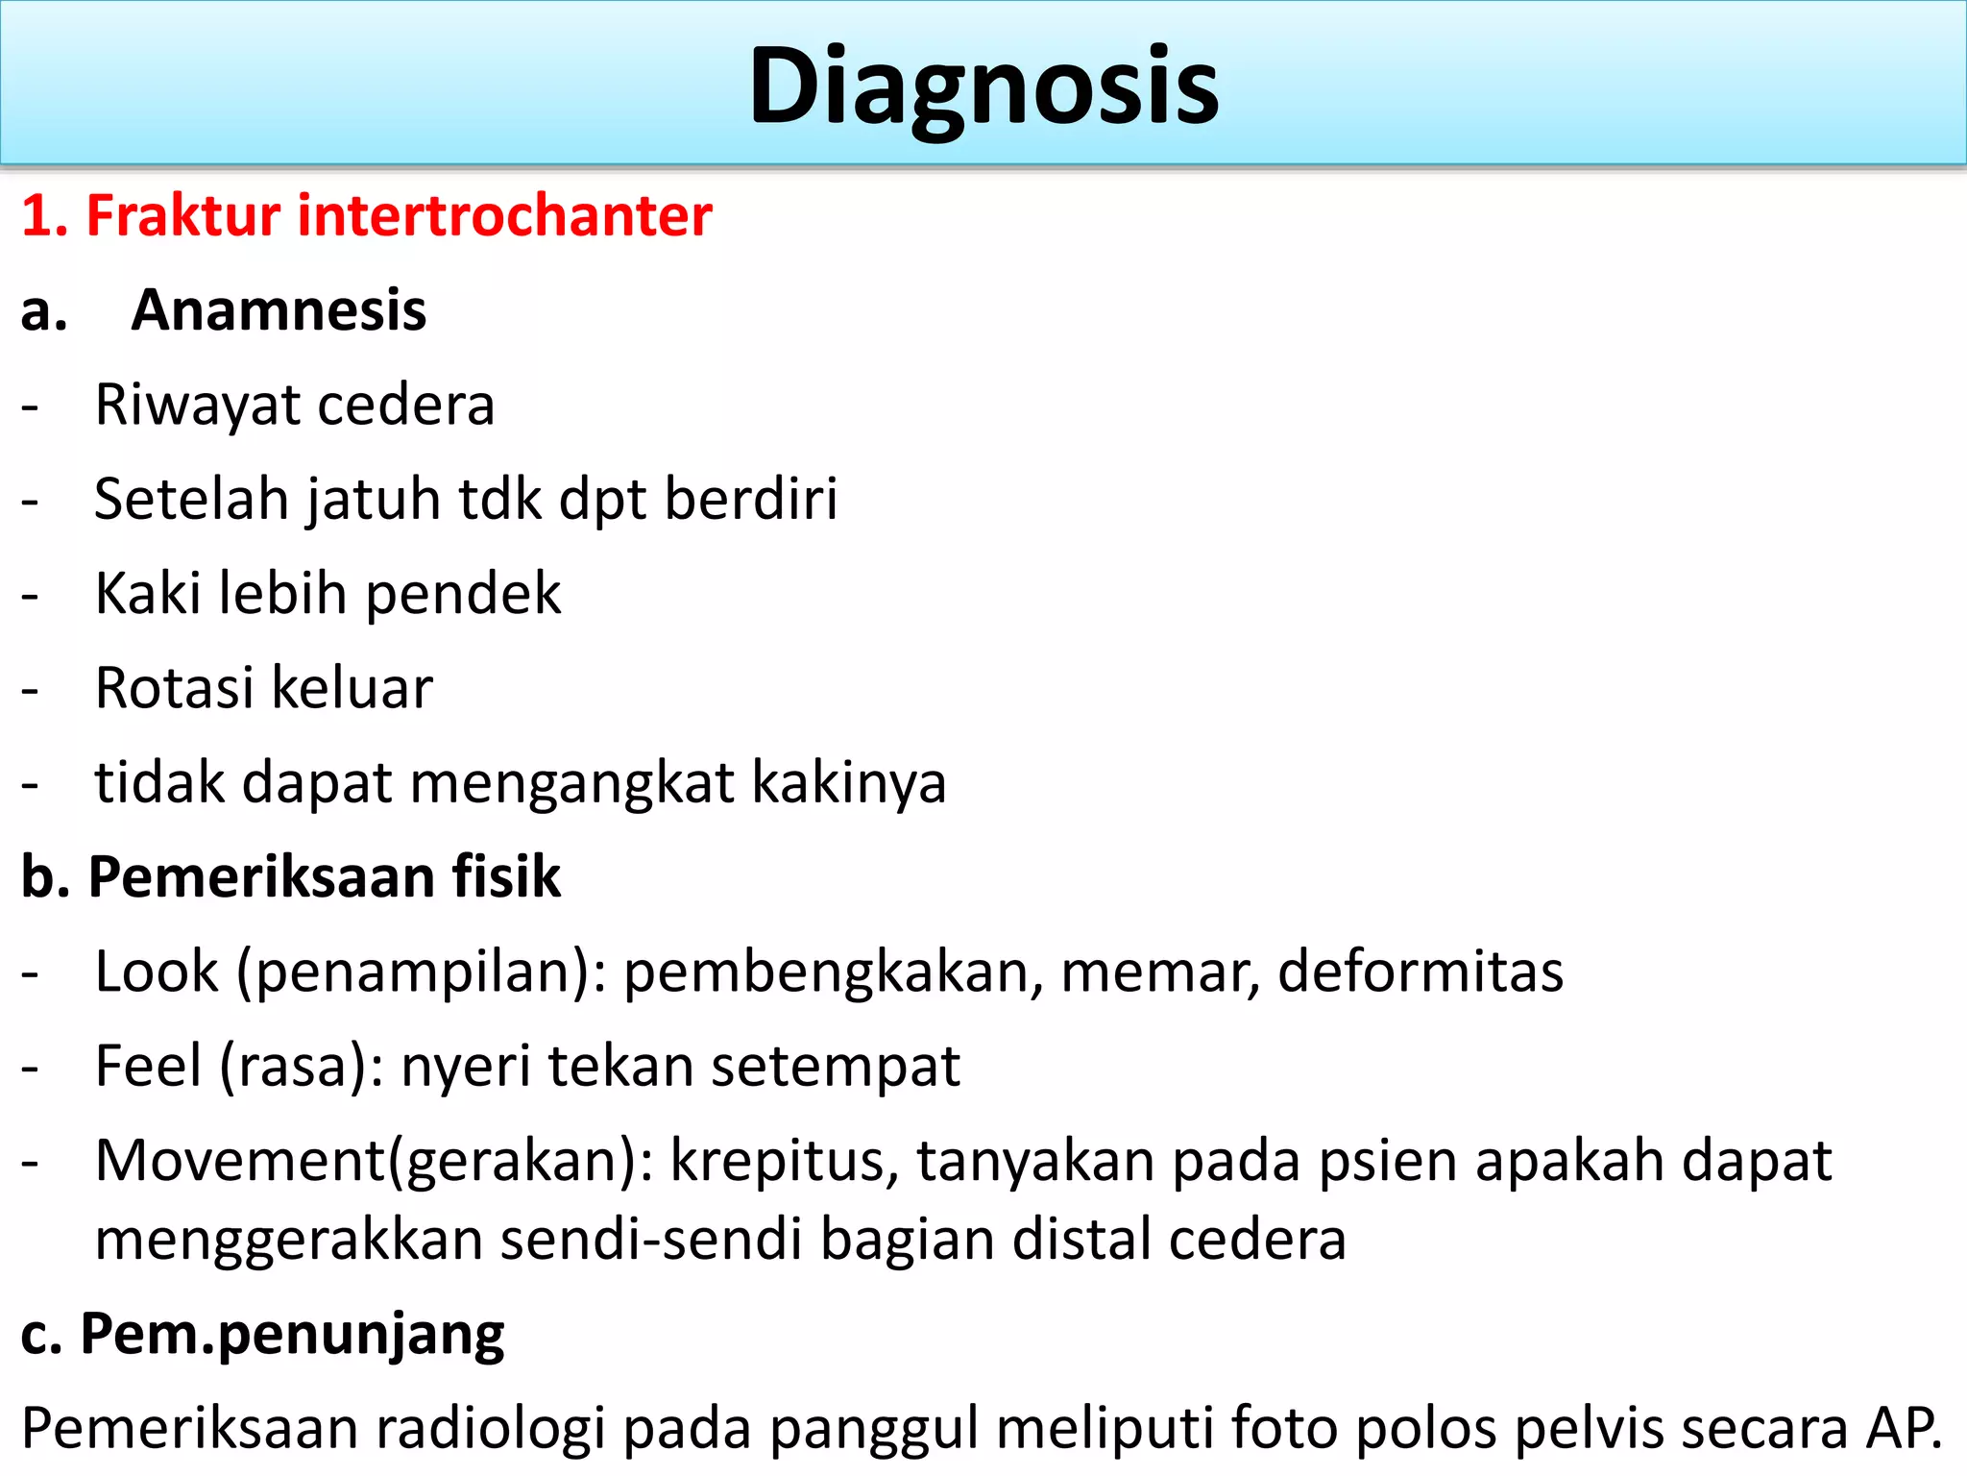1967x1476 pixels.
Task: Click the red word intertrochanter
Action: coord(504,215)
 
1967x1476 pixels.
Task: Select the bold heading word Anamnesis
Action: coord(279,310)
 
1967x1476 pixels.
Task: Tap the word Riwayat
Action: coord(197,405)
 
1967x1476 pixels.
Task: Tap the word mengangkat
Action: coord(572,782)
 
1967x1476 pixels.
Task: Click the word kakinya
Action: coord(849,782)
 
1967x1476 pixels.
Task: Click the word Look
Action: coord(157,972)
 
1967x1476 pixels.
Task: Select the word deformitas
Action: coord(1421,972)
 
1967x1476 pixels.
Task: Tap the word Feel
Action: coord(148,1066)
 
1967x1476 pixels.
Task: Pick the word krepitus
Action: coord(784,1161)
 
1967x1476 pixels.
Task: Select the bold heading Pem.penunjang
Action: coord(292,1335)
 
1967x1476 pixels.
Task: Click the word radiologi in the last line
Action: coord(490,1429)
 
